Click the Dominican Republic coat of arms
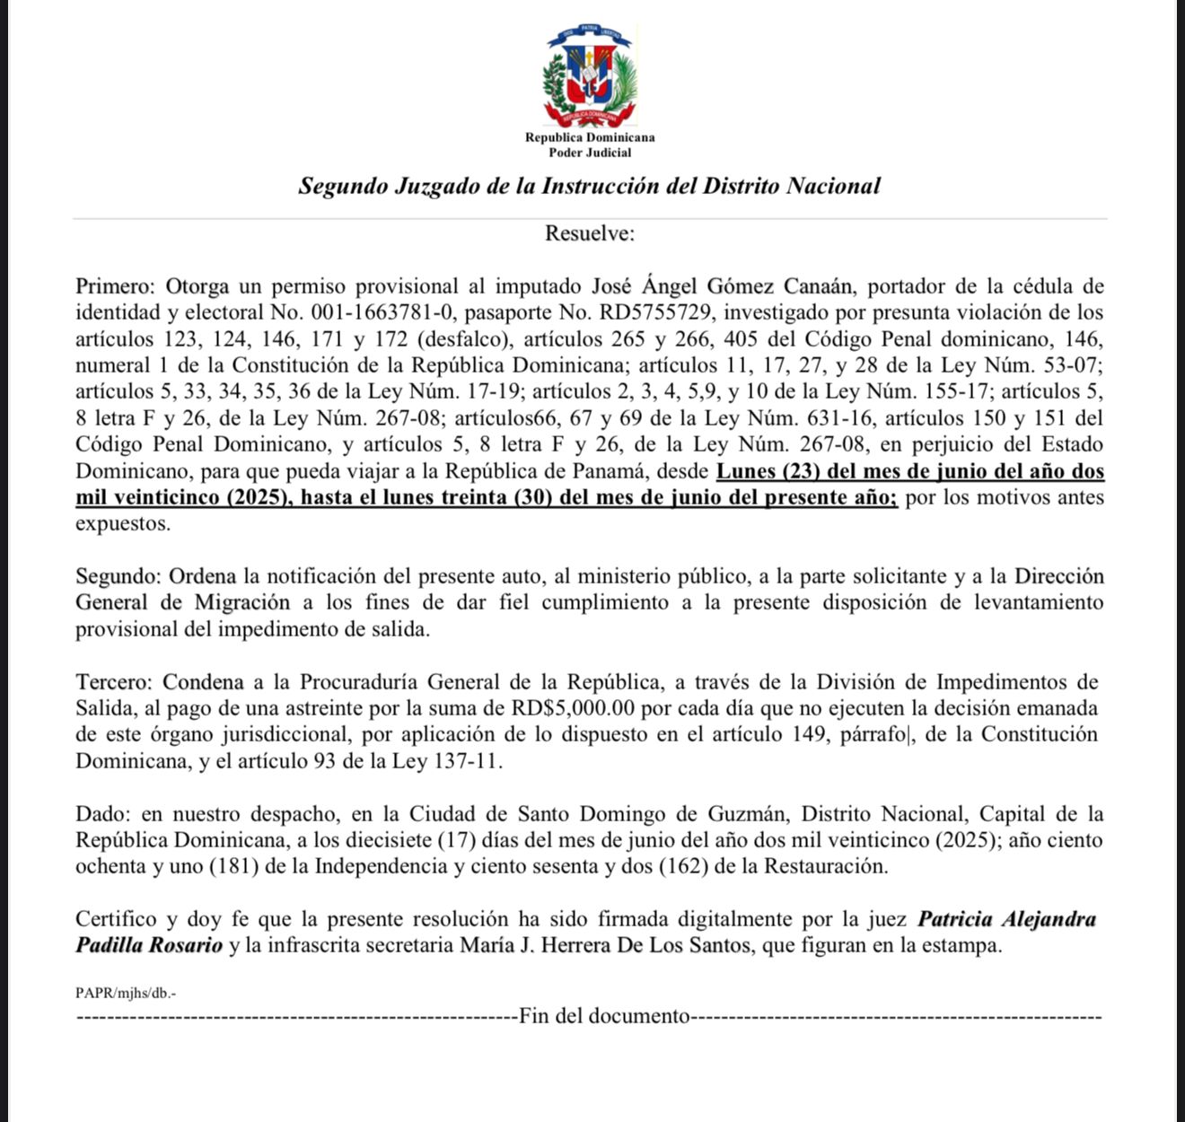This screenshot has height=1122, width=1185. pos(590,77)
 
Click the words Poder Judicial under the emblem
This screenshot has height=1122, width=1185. pos(590,153)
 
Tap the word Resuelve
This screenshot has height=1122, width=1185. pos(589,233)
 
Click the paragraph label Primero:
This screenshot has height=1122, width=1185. pos(116,286)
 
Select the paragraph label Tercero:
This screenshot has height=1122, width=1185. pos(115,682)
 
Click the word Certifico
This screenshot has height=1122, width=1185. pos(114,920)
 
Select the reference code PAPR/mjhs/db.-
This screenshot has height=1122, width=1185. pos(126,993)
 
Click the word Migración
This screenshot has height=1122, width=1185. pos(242,602)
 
